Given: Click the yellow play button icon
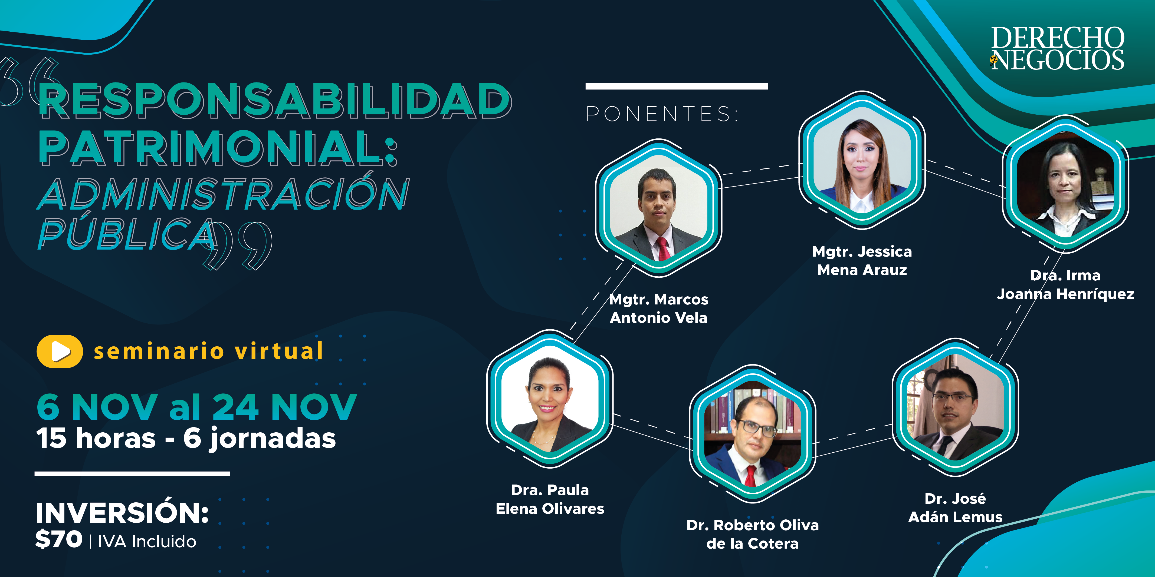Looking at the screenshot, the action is coord(60,351).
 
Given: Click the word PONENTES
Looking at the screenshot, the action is coord(662,114).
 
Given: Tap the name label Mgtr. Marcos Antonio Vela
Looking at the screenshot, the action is coord(659,309).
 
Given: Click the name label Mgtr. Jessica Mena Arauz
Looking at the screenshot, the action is coord(862,261).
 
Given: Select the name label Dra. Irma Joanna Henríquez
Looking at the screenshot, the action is coord(1065,284).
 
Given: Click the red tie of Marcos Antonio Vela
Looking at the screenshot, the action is coord(663,249).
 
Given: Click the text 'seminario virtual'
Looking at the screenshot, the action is coord(208,351).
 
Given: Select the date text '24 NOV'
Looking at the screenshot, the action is coord(285,407).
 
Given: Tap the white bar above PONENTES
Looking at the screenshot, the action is coord(677,87).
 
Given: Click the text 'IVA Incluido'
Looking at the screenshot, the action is coord(147,542).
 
